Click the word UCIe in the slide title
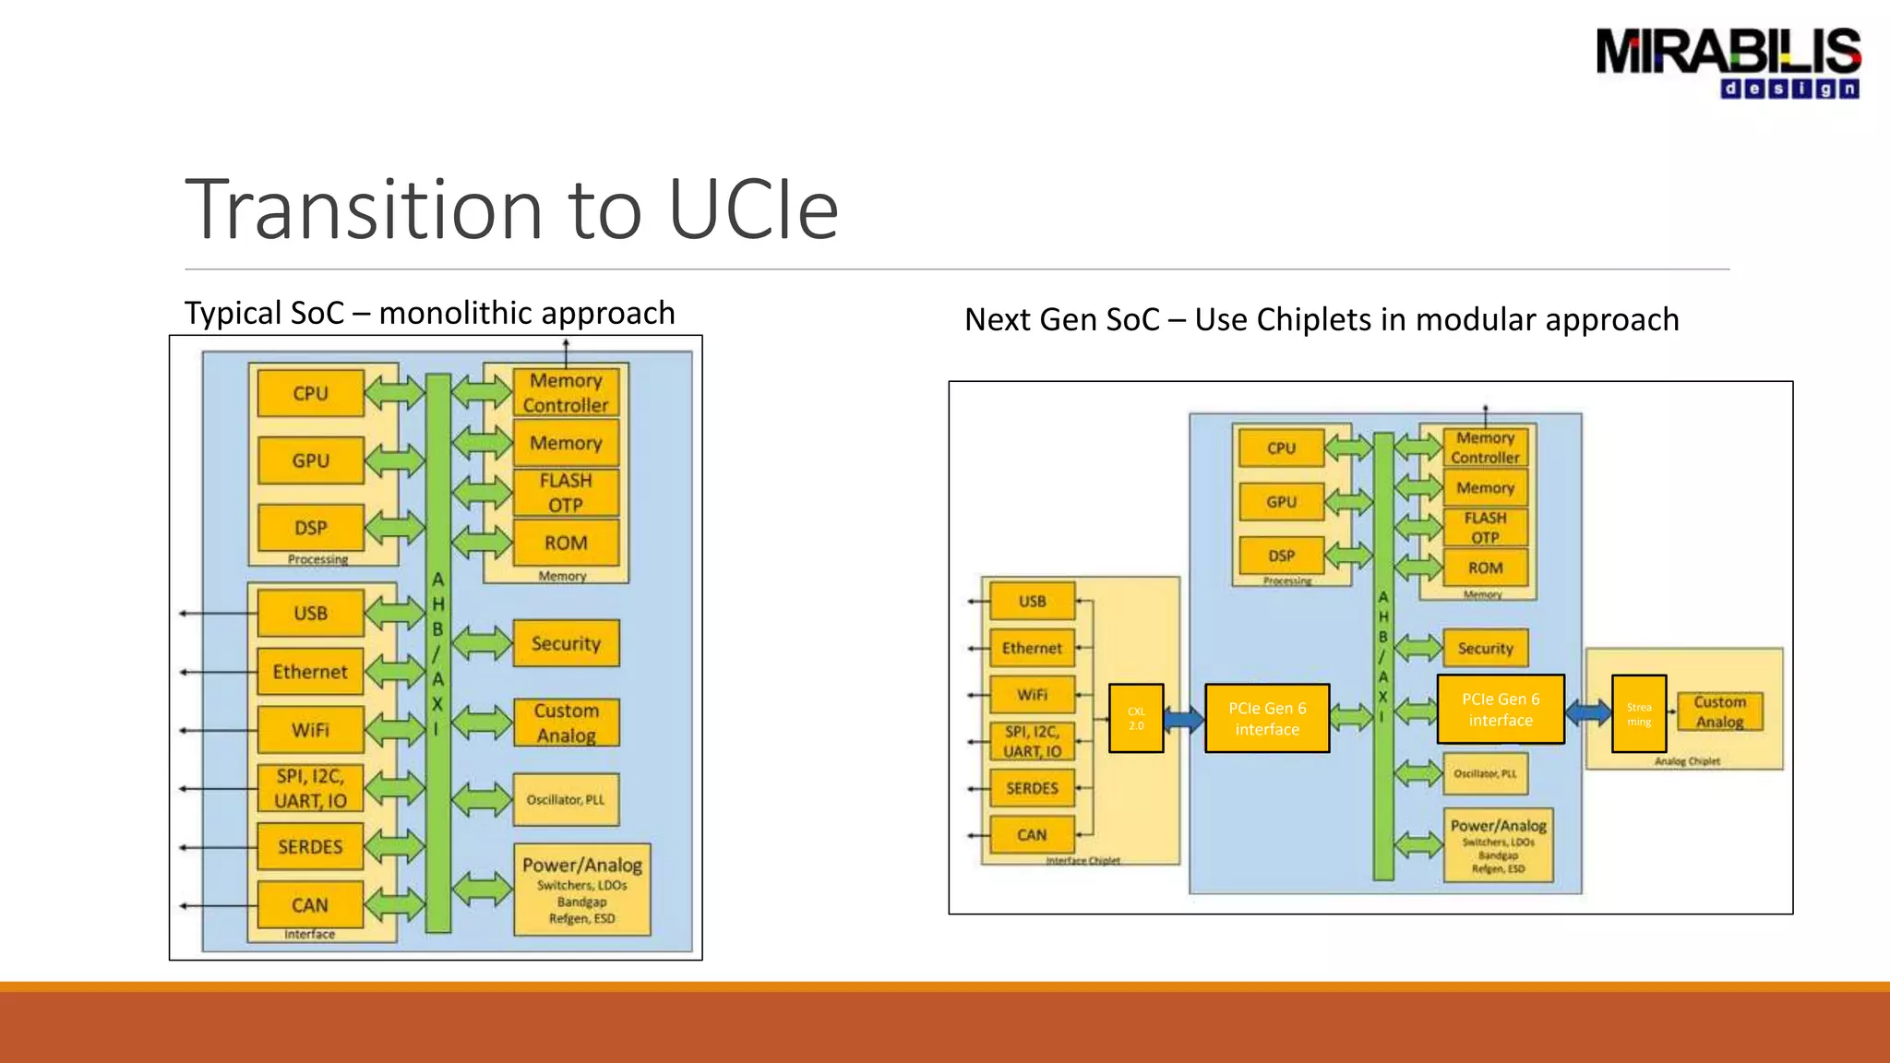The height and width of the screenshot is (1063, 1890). tap(752, 210)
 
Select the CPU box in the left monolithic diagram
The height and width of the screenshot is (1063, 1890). tap(310, 394)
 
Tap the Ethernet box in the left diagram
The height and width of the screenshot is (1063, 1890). tap(310, 672)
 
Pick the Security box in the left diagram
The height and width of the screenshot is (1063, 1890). tap(566, 643)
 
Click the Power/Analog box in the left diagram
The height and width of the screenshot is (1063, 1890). tap(582, 890)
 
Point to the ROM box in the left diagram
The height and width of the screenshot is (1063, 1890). tap(566, 543)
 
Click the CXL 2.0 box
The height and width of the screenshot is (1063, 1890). tap(1136, 718)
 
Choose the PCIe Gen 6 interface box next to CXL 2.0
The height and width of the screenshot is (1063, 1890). tap(1267, 718)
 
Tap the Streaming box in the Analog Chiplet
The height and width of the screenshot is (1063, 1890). tap(1639, 714)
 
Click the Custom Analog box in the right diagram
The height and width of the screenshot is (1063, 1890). tap(1719, 711)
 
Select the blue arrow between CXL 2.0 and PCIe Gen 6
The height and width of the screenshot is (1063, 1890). tap(1183, 718)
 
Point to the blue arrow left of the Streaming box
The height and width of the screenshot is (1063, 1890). tap(1588, 711)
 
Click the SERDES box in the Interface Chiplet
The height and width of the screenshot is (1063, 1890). tap(1032, 788)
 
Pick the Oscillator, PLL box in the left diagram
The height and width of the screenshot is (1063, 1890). tap(566, 799)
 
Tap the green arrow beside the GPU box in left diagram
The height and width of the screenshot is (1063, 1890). tap(394, 460)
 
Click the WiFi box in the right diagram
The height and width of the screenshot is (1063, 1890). tap(1032, 695)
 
